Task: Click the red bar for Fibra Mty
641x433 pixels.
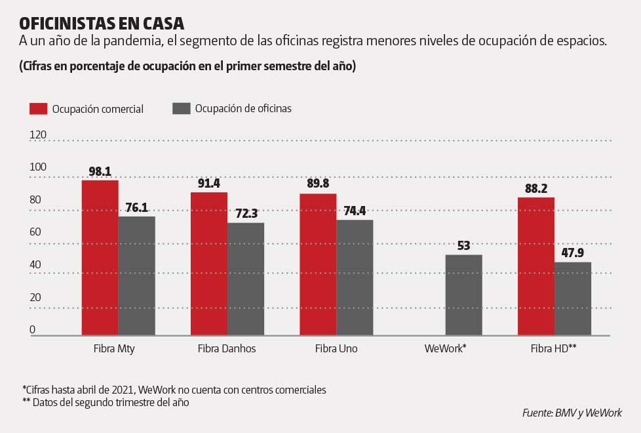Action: pyautogui.click(x=100, y=258)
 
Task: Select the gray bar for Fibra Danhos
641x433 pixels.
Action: pyautogui.click(x=246, y=279)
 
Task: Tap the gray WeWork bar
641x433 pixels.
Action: pyautogui.click(x=463, y=295)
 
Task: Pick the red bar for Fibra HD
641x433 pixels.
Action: pyautogui.click(x=535, y=266)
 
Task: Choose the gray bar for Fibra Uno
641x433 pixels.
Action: pyautogui.click(x=355, y=278)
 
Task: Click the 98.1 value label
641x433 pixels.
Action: pyautogui.click(x=100, y=172)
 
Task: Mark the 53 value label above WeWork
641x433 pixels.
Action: pyautogui.click(x=463, y=246)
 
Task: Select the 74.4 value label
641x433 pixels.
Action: pyautogui.click(x=355, y=211)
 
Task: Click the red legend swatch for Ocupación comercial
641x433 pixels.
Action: pyautogui.click(x=38, y=109)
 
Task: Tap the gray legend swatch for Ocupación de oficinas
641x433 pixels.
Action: pyautogui.click(x=181, y=109)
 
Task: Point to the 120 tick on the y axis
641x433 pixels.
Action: pyautogui.click(x=38, y=134)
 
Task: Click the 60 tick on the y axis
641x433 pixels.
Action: pyautogui.click(x=35, y=232)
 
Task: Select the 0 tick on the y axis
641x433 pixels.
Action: pyautogui.click(x=32, y=329)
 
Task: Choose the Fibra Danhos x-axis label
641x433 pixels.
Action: pyautogui.click(x=227, y=349)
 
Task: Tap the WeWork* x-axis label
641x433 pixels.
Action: pyautogui.click(x=445, y=349)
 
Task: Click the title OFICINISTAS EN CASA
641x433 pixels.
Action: pyautogui.click(x=102, y=23)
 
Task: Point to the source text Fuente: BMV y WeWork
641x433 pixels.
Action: pyautogui.click(x=572, y=413)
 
